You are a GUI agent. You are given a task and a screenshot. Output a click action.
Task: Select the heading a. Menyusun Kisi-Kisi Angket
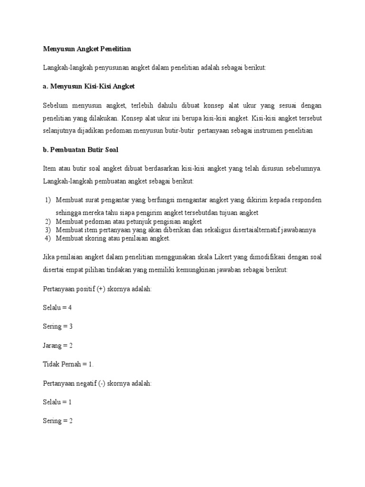point(89,87)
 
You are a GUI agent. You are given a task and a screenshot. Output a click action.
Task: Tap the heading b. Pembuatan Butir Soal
point(80,150)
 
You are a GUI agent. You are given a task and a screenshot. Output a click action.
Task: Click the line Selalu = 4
point(57,308)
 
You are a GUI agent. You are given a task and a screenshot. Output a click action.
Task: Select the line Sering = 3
point(57,326)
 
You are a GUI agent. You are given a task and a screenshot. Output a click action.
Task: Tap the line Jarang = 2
point(58,345)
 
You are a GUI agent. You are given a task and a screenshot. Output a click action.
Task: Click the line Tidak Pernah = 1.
point(68,364)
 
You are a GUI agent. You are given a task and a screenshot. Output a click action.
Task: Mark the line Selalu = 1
point(57,402)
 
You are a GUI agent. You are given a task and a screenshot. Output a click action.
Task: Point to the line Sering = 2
point(57,421)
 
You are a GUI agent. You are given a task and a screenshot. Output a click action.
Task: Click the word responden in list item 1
point(305,200)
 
